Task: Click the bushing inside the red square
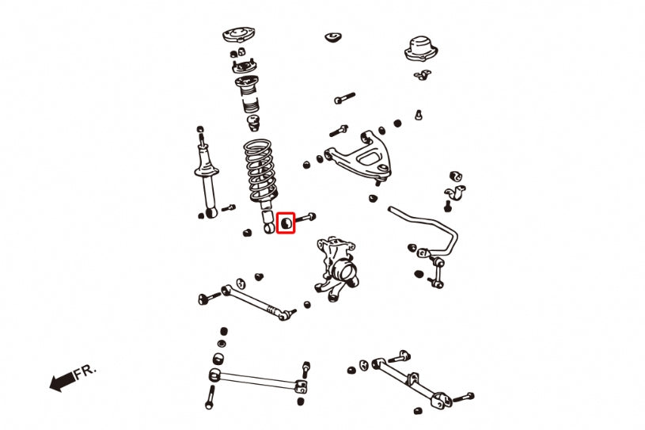(286, 223)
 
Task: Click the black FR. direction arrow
(63, 381)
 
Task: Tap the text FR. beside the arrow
(85, 371)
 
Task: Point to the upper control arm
(359, 156)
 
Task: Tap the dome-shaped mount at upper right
(421, 49)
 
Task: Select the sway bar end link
(437, 271)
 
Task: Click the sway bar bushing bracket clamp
(455, 192)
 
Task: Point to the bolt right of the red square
(305, 218)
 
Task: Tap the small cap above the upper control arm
(334, 37)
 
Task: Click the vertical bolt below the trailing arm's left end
(211, 397)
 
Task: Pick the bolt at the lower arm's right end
(463, 398)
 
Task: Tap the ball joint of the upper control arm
(382, 172)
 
